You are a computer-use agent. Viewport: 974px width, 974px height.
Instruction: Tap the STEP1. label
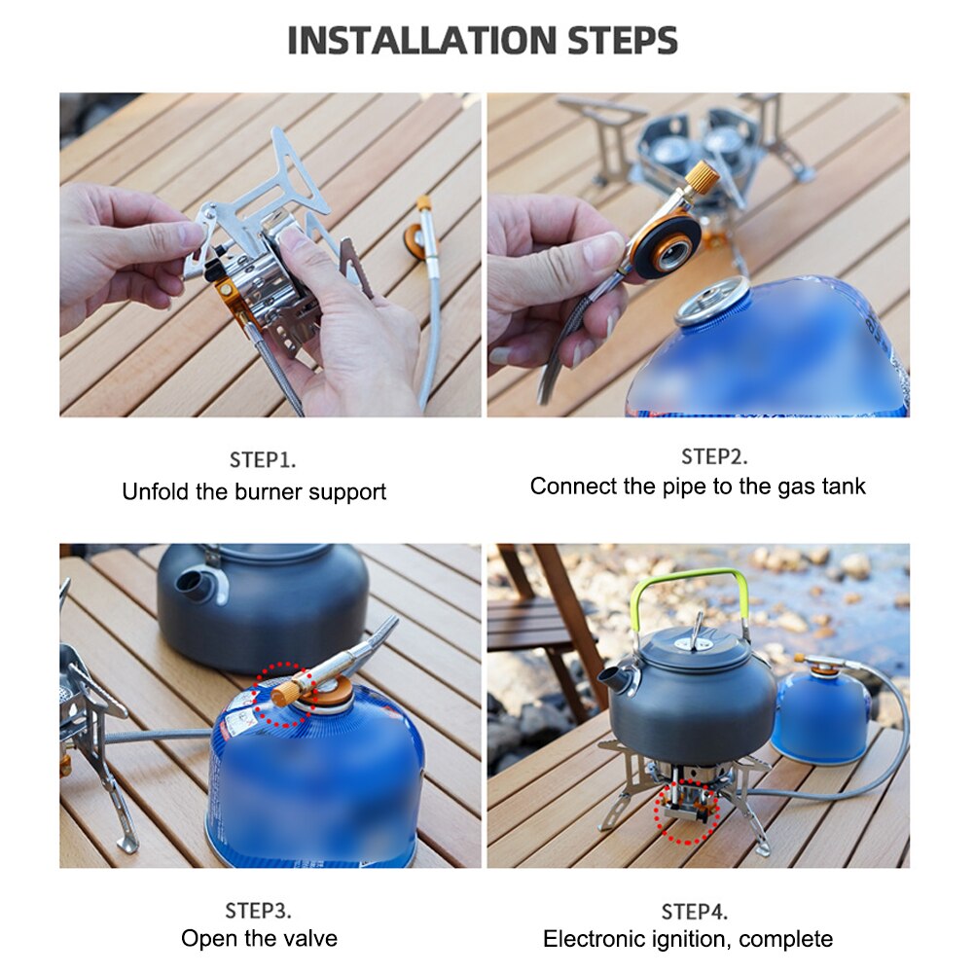coord(262,460)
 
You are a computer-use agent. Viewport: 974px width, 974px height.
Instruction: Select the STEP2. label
coord(714,456)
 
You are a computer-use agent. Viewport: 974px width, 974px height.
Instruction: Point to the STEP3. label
coord(258,911)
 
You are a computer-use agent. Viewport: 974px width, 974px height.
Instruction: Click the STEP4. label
coord(694,912)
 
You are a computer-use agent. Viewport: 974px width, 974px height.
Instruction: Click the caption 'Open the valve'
coord(259,939)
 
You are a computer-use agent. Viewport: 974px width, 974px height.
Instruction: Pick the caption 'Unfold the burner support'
coord(254,492)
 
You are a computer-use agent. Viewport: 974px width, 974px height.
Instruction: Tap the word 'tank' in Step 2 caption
coord(843,487)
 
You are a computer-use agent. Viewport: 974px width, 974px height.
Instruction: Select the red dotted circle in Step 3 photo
coord(284,695)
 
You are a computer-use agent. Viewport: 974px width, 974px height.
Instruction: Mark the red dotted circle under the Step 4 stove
coord(688,811)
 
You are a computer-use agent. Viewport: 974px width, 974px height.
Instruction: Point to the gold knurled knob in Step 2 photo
coord(703,179)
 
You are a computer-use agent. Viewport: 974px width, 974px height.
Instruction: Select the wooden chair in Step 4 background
coord(545,623)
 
